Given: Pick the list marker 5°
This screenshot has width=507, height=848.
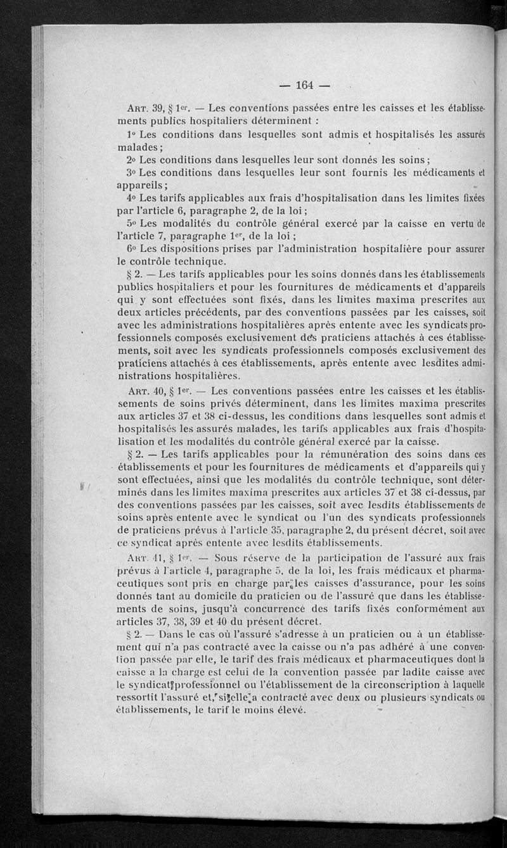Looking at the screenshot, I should coord(131,223).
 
